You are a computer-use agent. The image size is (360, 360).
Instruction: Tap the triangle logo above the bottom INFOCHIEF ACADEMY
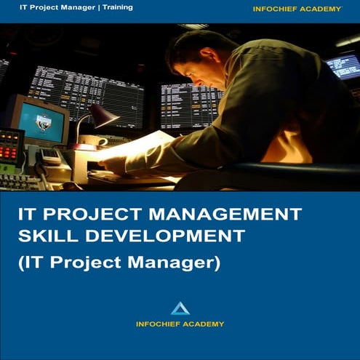click(180, 308)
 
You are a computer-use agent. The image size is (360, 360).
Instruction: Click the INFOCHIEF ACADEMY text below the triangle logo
click(180, 324)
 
